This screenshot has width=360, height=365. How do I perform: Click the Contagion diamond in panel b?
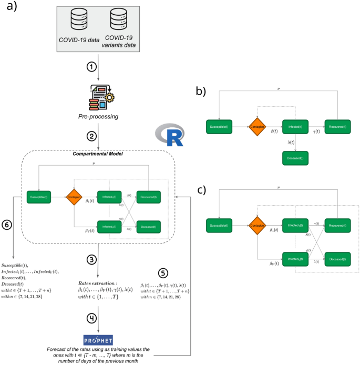click(x=258, y=127)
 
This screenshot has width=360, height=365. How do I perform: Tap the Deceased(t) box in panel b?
click(x=295, y=157)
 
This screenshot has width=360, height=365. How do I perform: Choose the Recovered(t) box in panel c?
click(x=337, y=225)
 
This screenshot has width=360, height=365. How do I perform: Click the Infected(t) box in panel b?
click(x=295, y=127)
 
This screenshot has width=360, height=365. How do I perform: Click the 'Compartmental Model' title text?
click(x=99, y=154)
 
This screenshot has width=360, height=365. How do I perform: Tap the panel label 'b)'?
click(x=201, y=91)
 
